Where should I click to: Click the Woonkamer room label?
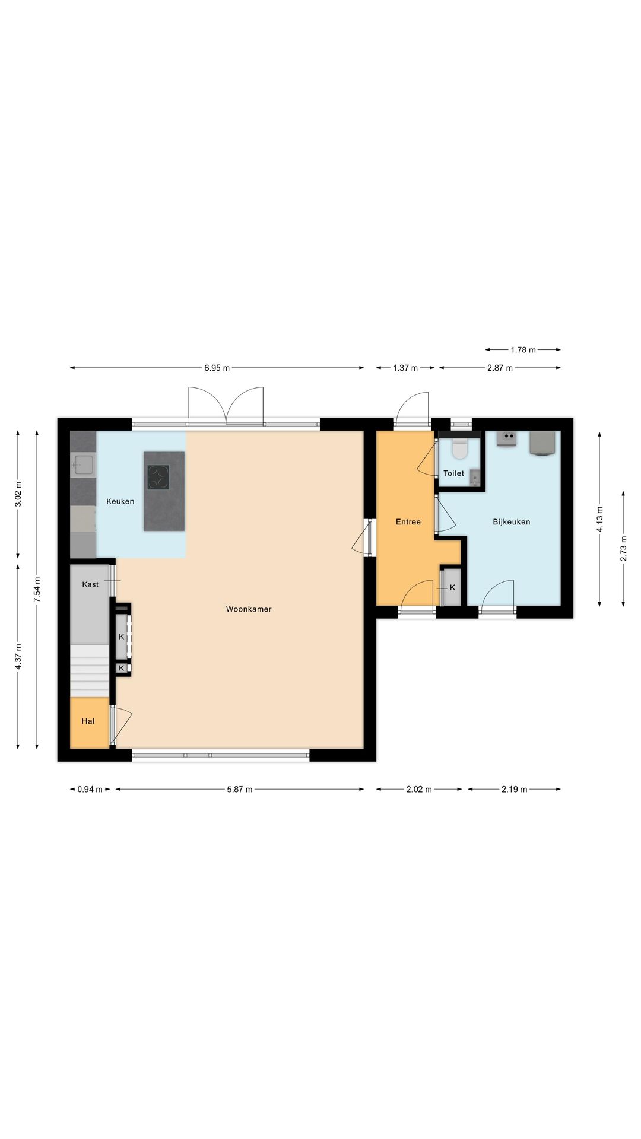pyautogui.click(x=249, y=609)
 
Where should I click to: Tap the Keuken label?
pyautogui.click(x=120, y=501)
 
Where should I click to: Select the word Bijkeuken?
pyautogui.click(x=512, y=522)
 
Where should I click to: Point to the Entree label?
pyautogui.click(x=408, y=522)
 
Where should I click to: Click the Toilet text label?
pyautogui.click(x=454, y=473)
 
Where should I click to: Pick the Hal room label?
pyautogui.click(x=88, y=721)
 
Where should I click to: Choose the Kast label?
pyautogui.click(x=90, y=584)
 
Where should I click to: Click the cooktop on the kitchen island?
pyautogui.click(x=158, y=476)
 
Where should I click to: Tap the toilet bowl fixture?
pyautogui.click(x=459, y=449)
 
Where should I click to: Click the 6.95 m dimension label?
pyautogui.click(x=217, y=368)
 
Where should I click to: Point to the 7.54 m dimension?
pyautogui.click(x=37, y=590)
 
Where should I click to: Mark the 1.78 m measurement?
pyautogui.click(x=523, y=350)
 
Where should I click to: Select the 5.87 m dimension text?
pyautogui.click(x=240, y=790)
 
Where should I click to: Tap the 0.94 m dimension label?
pyautogui.click(x=90, y=790)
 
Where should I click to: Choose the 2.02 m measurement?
pyautogui.click(x=419, y=790)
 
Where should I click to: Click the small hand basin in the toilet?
pyautogui.click(x=474, y=477)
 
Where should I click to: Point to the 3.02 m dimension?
pyautogui.click(x=18, y=495)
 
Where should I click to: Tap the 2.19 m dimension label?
pyautogui.click(x=515, y=790)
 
